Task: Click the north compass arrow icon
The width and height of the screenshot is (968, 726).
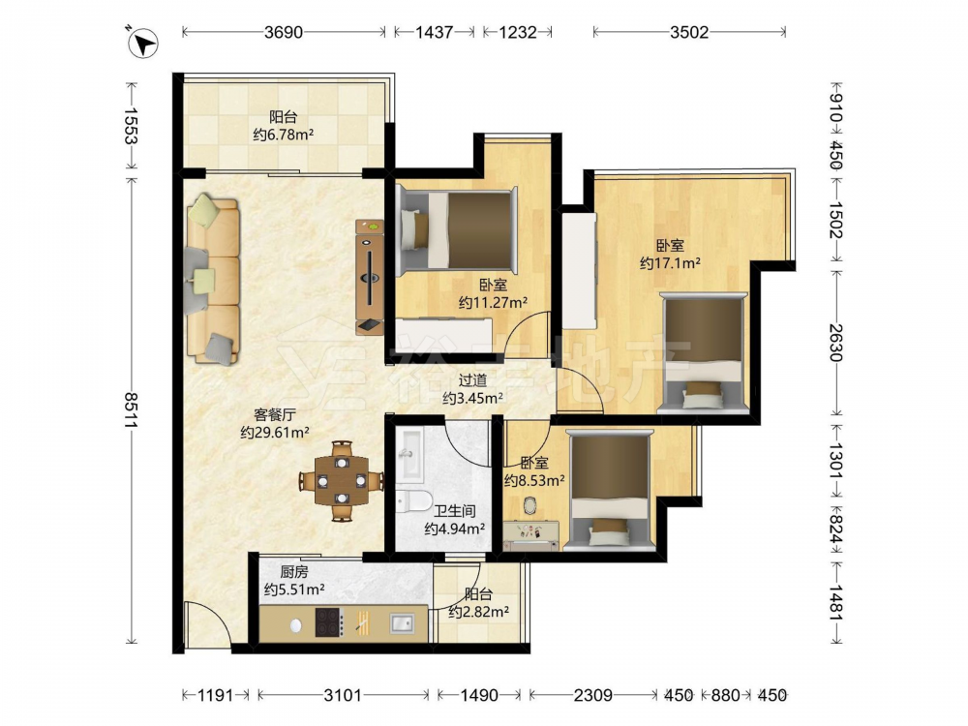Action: (x=143, y=44)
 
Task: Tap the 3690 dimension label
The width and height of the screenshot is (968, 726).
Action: (x=284, y=32)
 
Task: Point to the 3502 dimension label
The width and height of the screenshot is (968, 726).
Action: (x=689, y=32)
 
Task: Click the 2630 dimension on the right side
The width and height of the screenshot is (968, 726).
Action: (x=835, y=343)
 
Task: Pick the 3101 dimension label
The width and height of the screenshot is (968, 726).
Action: (x=344, y=696)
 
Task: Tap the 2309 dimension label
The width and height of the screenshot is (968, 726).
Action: (x=592, y=696)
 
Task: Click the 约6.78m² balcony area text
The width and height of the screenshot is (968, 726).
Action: (x=284, y=134)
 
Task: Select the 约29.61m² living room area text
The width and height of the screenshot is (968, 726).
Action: (x=275, y=432)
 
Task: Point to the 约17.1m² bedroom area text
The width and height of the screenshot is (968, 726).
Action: (x=670, y=263)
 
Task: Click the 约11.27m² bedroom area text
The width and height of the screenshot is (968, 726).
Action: (x=493, y=302)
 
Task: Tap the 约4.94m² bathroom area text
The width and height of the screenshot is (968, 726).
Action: (x=454, y=529)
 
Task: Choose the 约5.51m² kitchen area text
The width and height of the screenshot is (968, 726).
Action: (x=294, y=590)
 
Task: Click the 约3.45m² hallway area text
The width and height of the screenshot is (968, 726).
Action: (x=472, y=398)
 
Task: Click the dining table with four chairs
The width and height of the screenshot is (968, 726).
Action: (x=342, y=480)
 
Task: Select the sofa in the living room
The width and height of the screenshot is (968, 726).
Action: (x=212, y=279)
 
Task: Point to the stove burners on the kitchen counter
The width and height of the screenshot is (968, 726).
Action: (x=328, y=622)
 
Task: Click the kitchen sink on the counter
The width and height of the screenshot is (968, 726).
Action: (x=402, y=622)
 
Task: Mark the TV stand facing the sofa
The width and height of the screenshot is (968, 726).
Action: (x=370, y=278)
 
